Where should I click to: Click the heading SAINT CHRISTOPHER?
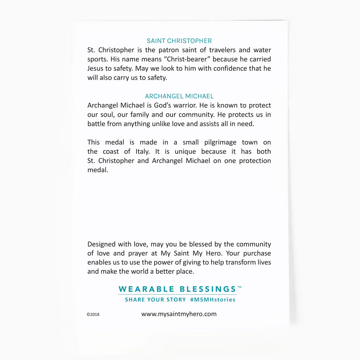pyautogui.click(x=179, y=41)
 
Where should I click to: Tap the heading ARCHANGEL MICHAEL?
pyautogui.click(x=179, y=96)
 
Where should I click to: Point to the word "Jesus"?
pyautogui.click(x=95, y=68)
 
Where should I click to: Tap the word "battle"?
pyautogui.click(x=96, y=124)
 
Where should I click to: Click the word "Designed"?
pyautogui.click(x=101, y=244)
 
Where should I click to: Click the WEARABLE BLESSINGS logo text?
pyautogui.click(x=177, y=289)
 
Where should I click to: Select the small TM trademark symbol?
pyautogui.click(x=239, y=287)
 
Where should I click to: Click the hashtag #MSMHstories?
pyautogui.click(x=213, y=300)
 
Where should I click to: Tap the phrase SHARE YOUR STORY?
pyautogui.click(x=155, y=300)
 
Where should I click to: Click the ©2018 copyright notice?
pyautogui.click(x=93, y=314)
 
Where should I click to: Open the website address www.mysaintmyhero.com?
pyautogui.click(x=179, y=314)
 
